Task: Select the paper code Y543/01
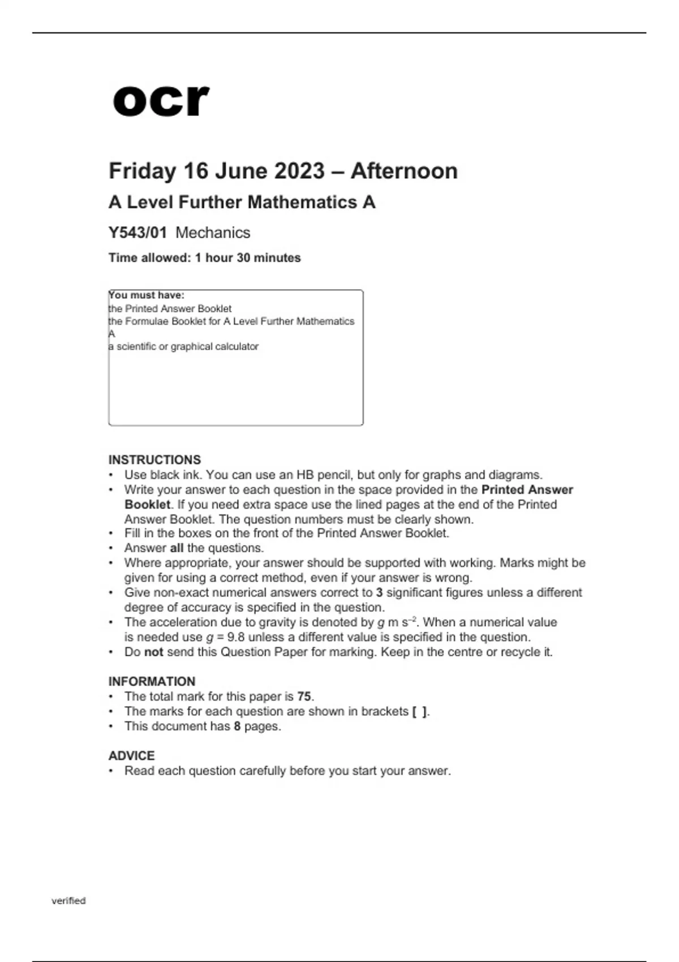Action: point(138,233)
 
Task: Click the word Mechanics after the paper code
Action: point(213,233)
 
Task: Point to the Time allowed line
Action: point(205,258)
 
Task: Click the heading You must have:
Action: point(147,295)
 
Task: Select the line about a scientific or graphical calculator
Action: point(184,346)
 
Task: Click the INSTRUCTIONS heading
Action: point(154,459)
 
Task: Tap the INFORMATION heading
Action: point(152,681)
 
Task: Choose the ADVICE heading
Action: point(131,755)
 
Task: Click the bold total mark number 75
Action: point(304,697)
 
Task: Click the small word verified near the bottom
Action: point(68,901)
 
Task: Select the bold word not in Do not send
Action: point(153,652)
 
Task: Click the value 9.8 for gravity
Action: point(235,637)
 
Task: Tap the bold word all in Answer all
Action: point(177,548)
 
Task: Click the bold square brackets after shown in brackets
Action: point(419,711)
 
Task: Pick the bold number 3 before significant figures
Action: point(379,592)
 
